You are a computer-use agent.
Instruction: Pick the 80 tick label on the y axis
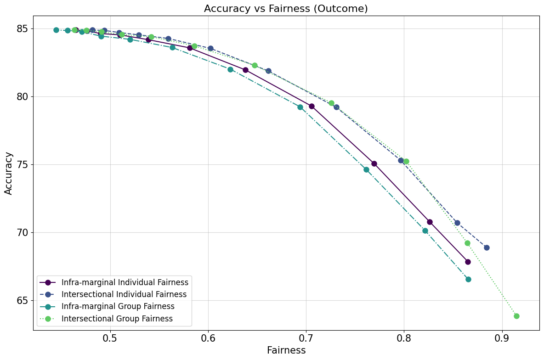point(22,97)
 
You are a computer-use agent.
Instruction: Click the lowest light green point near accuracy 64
point(516,316)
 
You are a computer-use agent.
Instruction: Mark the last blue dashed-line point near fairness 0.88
point(487,247)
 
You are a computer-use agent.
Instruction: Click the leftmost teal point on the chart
point(56,30)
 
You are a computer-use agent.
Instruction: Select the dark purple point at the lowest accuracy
point(468,262)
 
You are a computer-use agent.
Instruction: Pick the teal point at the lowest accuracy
point(468,279)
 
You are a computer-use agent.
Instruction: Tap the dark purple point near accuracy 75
point(374,163)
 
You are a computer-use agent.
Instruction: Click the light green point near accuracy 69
point(467,243)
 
